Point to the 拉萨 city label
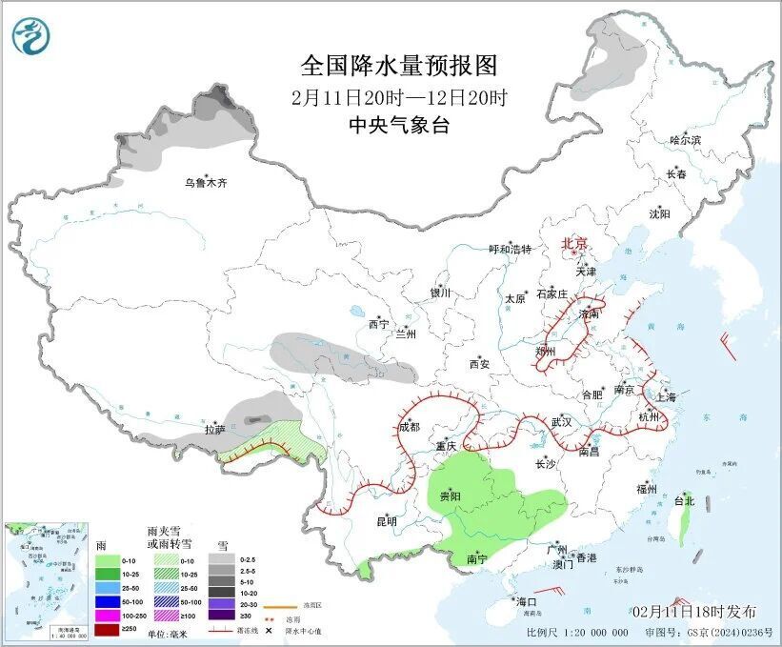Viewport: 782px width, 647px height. [214, 430]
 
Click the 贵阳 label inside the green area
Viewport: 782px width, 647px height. [450, 496]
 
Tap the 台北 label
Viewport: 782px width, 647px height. [684, 500]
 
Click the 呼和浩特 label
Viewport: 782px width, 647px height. [510, 250]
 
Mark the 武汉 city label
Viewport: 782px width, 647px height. [561, 421]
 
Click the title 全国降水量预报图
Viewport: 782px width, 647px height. [399, 65]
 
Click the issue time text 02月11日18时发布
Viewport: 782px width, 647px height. [693, 611]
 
